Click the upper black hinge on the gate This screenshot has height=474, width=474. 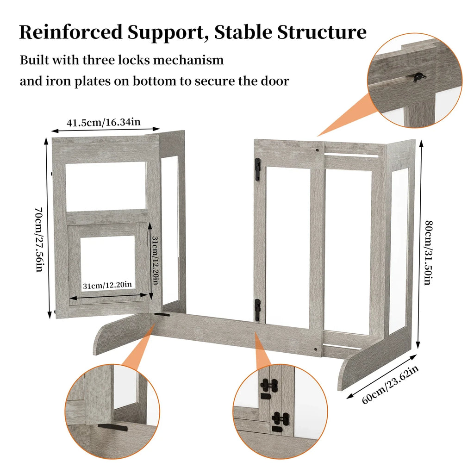tap(257, 170)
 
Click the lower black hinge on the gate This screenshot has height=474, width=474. tap(257, 310)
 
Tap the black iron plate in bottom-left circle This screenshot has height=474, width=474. tap(112, 427)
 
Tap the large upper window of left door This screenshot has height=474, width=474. tap(106, 187)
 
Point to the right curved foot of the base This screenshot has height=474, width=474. tap(370, 370)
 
